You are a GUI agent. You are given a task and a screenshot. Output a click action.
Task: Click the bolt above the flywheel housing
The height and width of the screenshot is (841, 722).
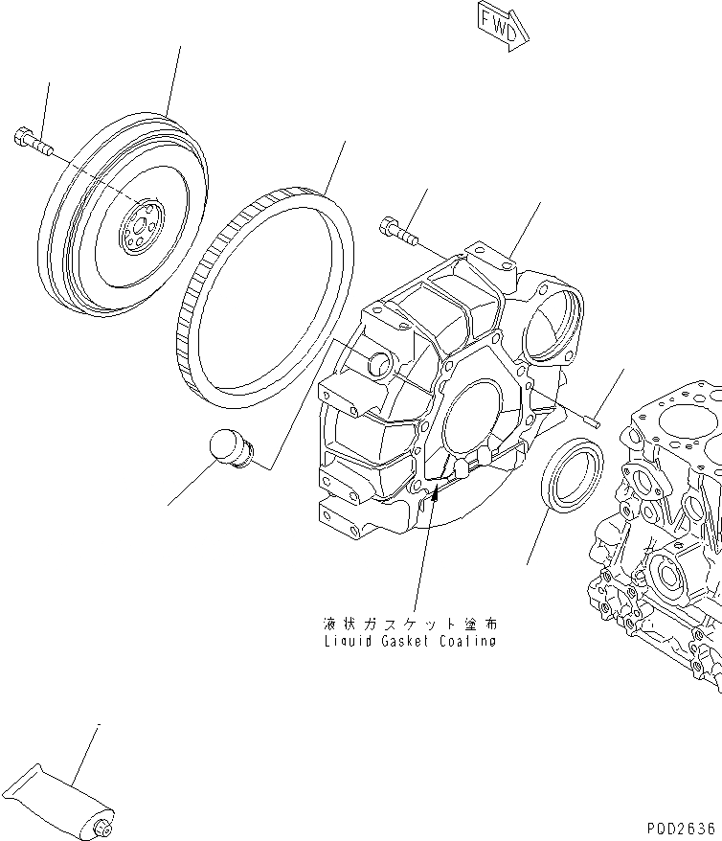click(398, 229)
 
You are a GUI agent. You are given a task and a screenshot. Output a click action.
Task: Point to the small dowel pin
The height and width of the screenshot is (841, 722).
click(590, 416)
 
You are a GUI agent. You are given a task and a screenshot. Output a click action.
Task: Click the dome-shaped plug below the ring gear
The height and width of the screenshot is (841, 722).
click(230, 449)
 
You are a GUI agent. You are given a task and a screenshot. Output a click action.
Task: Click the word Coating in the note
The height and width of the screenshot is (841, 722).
click(466, 641)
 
